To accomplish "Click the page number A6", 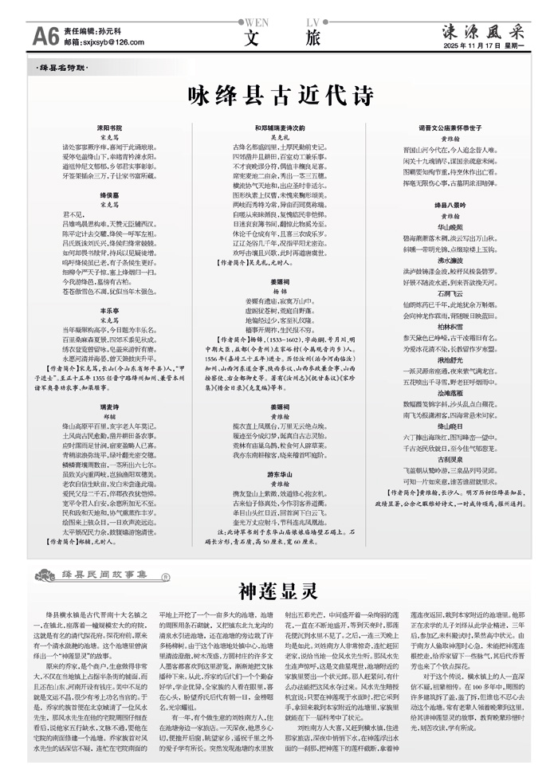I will click(45, 35).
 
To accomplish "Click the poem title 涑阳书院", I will click(109, 128).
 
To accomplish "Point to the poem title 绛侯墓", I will click(109, 194).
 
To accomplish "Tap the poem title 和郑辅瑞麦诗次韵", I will click(279, 128).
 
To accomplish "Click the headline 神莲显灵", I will click(279, 591).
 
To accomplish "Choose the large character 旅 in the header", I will click(312, 37).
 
